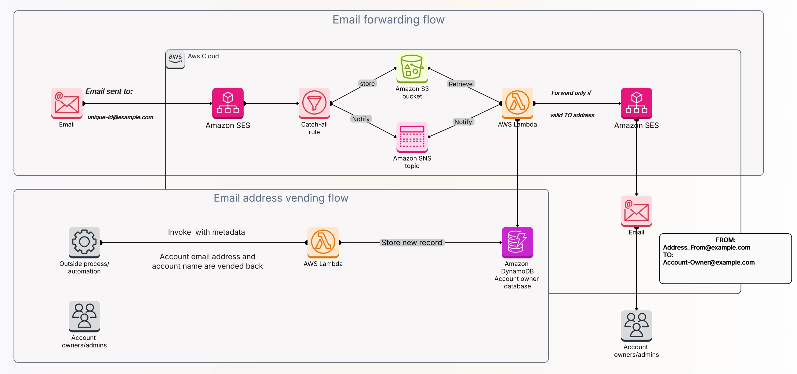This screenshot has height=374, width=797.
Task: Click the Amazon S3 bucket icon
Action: [412, 68]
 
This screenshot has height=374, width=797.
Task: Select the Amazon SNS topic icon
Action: [412, 137]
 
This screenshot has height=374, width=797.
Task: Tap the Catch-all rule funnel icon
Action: [314, 103]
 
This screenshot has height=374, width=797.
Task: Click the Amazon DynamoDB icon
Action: [517, 242]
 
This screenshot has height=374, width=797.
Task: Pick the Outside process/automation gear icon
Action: [84, 242]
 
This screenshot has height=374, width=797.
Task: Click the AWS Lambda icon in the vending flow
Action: [323, 242]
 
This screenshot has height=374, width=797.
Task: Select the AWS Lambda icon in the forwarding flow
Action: [517, 103]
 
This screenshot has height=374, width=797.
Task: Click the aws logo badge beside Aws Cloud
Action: [175, 59]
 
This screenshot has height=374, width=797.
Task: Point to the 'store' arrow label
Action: [367, 84]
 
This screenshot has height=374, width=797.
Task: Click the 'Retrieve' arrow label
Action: [460, 84]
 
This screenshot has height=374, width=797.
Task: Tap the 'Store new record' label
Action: [412, 242]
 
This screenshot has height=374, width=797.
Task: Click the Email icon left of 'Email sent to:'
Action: [67, 103]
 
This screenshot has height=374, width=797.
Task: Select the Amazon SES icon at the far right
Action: [636, 103]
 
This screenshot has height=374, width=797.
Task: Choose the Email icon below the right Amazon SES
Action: [636, 211]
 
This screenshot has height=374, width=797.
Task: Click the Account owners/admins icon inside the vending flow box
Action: [84, 316]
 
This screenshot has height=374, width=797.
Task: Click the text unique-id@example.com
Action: [120, 117]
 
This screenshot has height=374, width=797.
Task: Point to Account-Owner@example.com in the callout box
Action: [708, 262]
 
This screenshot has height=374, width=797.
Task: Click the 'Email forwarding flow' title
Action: [388, 20]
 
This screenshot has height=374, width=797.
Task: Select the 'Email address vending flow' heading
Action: [281, 198]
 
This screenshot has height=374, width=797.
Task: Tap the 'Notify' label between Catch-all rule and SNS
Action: [361, 119]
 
